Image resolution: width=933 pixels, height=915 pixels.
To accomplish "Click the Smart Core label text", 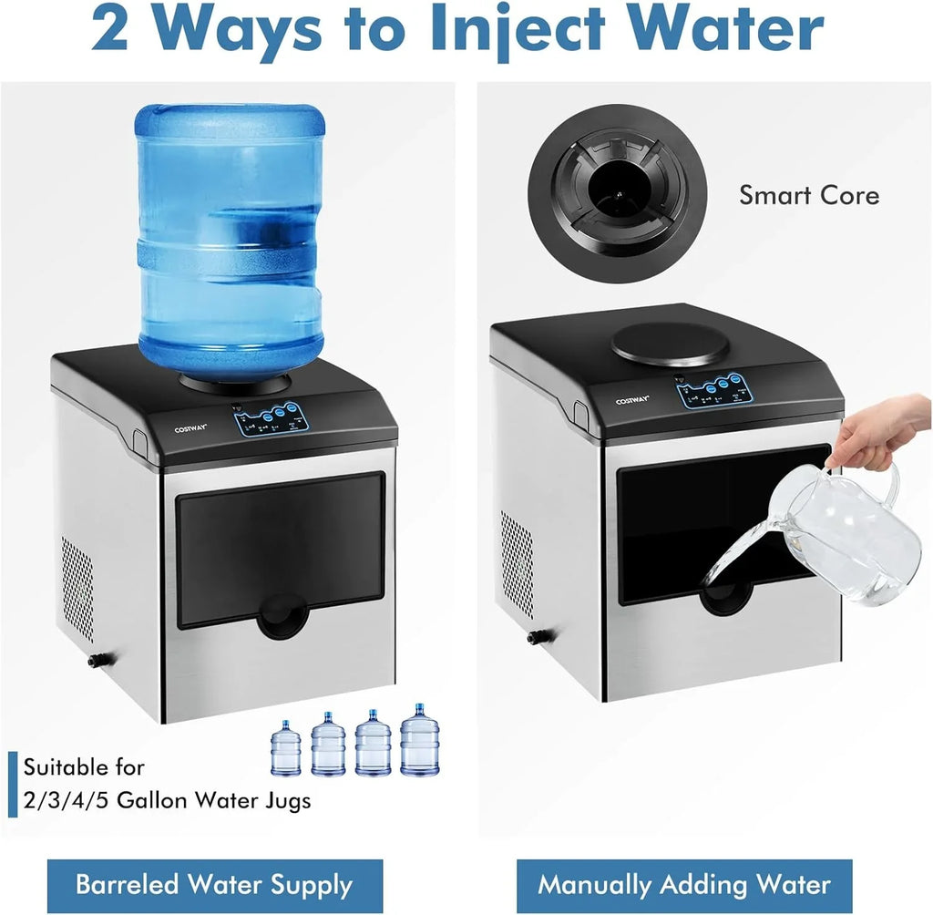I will [x=808, y=195].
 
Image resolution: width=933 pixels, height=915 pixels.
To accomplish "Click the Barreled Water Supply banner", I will [x=214, y=885].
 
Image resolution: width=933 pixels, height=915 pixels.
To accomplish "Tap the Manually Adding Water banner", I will [x=684, y=885].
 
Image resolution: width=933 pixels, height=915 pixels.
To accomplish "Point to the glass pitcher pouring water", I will [x=838, y=533].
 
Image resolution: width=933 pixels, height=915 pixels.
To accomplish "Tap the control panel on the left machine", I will [x=271, y=418].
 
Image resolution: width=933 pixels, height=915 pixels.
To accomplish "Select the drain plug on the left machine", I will [x=95, y=661].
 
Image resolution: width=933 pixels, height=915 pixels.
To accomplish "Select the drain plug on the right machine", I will [x=533, y=638].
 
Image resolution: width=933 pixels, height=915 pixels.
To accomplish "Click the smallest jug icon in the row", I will [x=285, y=749].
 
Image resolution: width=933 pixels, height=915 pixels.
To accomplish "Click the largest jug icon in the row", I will [x=419, y=740].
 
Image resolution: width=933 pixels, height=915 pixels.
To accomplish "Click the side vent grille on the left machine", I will [x=77, y=582].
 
